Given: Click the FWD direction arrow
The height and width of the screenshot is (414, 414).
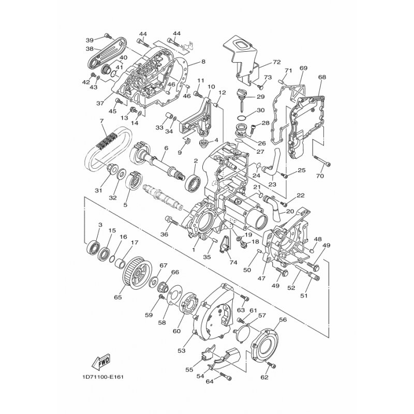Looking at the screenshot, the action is coord(100,361).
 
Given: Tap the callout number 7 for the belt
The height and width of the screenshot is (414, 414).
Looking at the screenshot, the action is coord(101,121).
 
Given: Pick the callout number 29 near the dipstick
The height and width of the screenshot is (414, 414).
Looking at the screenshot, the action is coord(260,97).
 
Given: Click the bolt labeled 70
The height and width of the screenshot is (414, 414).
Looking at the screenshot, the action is coord(322,161).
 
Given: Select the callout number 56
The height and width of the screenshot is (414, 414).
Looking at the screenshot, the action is coord(283,320).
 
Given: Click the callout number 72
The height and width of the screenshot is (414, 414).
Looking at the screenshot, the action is coord(277,62).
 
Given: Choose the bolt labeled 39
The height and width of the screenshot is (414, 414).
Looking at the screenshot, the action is coord(108,36).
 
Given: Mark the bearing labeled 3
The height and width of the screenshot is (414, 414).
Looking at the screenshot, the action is coord(94,247).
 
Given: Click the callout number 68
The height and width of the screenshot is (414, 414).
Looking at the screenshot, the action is coord(322,77).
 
